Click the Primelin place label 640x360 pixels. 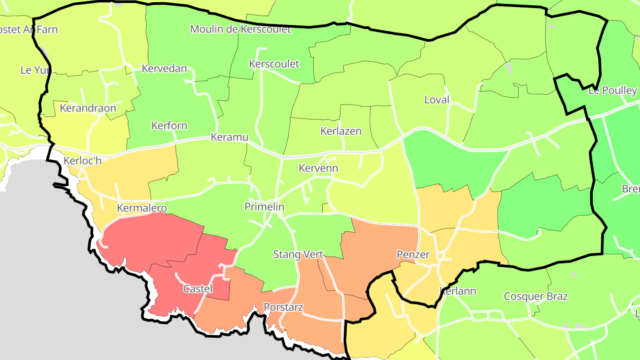[264, 207]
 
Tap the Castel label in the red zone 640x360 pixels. [198, 289]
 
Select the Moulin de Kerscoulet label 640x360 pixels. [240, 29]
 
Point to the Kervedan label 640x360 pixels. [164, 69]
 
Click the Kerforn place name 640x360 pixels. [169, 126]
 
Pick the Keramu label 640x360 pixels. [229, 137]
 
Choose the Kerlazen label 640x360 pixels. [341, 132]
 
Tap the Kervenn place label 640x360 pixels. [318, 168]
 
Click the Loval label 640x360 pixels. [437, 100]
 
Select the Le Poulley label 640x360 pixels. [612, 91]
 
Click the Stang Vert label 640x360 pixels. [298, 255]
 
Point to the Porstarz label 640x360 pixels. [284, 308]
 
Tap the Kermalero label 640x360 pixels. [142, 208]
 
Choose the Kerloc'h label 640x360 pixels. [83, 161]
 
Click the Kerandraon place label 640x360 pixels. [88, 108]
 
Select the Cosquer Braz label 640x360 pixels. [536, 296]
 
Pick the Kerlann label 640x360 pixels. [458, 292]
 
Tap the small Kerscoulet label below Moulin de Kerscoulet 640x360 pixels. [274, 64]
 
